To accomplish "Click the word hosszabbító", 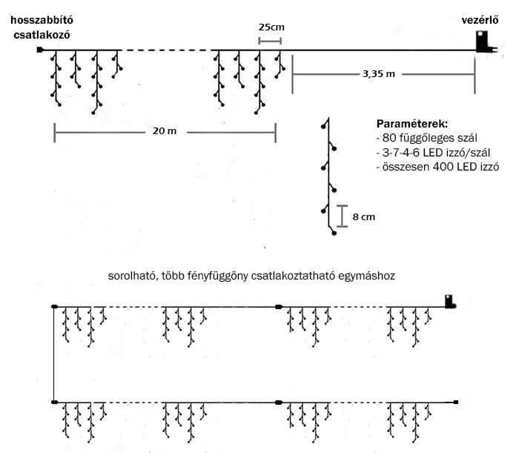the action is (x=42, y=20).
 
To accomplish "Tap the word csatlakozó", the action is (x=42, y=35).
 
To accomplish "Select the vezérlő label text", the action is (x=480, y=20).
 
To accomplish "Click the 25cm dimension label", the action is (x=271, y=27).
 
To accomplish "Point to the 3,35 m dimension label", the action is (x=379, y=74).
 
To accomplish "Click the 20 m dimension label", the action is (x=165, y=131).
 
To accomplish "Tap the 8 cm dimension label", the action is (x=364, y=217).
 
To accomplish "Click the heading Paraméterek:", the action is (x=412, y=124).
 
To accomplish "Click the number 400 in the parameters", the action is (x=443, y=167).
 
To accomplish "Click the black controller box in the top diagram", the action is (x=483, y=42).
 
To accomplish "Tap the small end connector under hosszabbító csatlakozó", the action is (x=40, y=50).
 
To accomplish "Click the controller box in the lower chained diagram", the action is (x=449, y=301).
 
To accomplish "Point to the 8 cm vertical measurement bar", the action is (x=343, y=216).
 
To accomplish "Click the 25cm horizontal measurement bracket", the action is (x=270, y=41).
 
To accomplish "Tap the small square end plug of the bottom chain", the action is (x=456, y=402).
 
